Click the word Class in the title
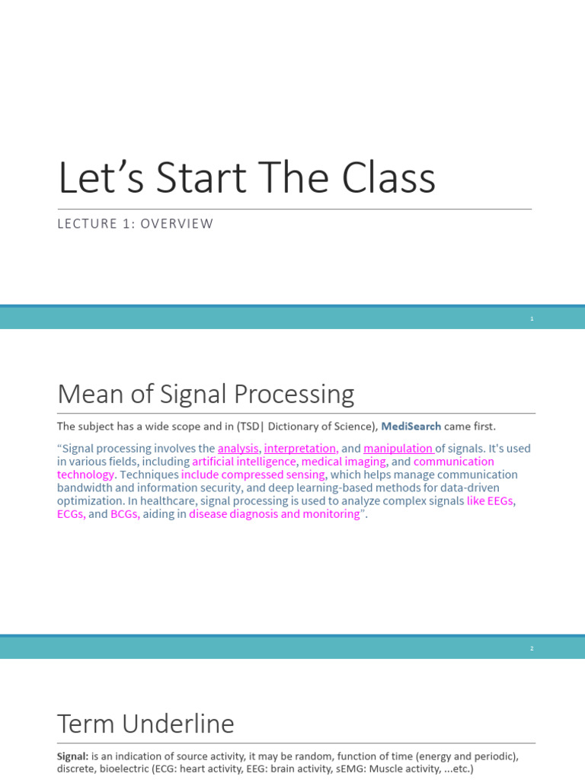388,178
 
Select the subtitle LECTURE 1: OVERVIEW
136,224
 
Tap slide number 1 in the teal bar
532,318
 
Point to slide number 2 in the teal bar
532,648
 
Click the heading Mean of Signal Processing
206,394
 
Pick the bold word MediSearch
411,427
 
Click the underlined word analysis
238,449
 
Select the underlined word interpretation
300,449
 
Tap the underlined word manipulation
398,449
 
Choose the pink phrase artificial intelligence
244,462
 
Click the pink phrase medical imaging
344,462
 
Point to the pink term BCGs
125,514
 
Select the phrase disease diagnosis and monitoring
275,514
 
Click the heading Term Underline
145,724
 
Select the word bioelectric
126,769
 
